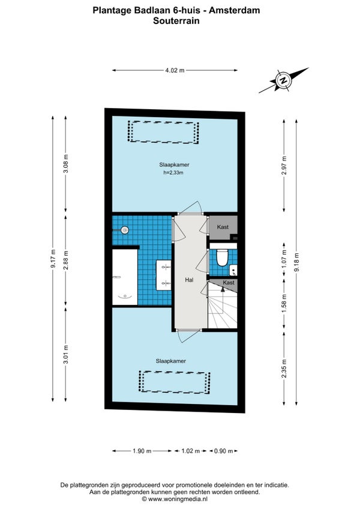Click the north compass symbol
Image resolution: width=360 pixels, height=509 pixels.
[x=284, y=80]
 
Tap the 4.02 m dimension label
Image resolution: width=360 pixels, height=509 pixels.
[x=175, y=70]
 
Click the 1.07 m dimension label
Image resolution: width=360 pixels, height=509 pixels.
[x=284, y=259]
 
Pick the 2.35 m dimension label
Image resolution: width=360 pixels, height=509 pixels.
[x=284, y=369]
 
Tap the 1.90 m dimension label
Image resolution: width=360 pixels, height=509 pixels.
[x=142, y=451]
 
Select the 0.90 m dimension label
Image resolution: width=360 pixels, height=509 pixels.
[x=224, y=451]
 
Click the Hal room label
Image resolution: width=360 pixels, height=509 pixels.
[x=189, y=280]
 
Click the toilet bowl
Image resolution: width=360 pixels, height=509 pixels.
[x=223, y=258]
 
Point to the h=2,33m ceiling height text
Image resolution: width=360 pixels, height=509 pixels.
[x=173, y=173]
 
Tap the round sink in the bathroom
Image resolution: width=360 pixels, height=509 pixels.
[x=125, y=230]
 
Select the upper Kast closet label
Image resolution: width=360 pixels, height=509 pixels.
[x=223, y=227]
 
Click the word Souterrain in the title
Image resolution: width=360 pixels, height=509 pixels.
[x=176, y=21]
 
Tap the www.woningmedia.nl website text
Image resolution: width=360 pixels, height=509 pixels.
[x=178, y=499]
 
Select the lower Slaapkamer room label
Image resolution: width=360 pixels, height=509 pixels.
[x=171, y=361]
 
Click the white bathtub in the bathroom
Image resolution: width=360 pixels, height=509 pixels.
[x=125, y=277]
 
